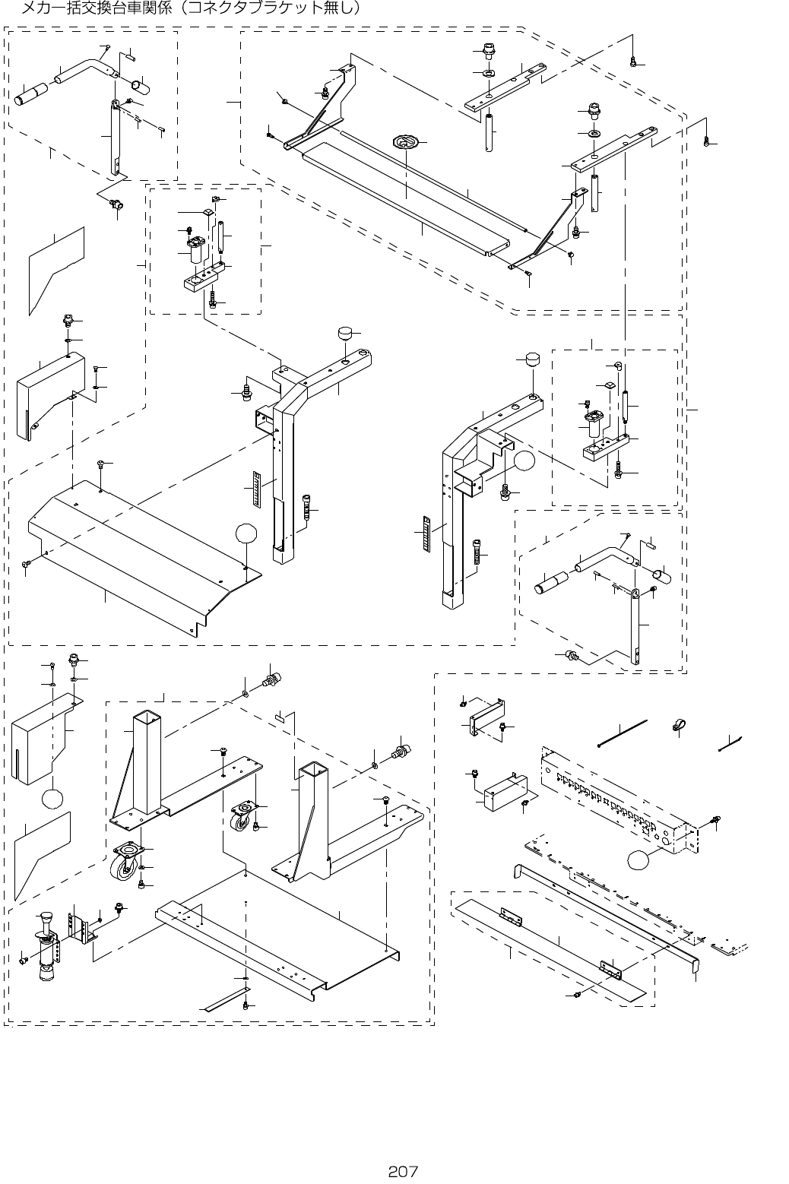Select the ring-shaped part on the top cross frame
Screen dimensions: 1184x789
tap(407, 141)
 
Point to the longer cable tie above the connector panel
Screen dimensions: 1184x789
tap(622, 733)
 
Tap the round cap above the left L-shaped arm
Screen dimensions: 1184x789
tap(347, 334)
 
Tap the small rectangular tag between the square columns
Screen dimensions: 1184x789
tap(279, 717)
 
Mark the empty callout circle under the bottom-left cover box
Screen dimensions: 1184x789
tap(53, 799)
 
